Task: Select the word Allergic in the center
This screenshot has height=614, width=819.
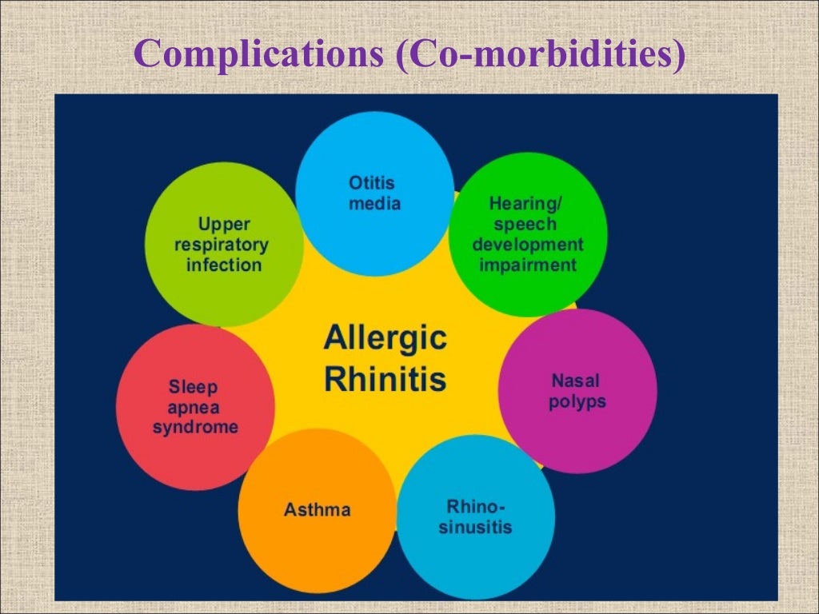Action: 385,338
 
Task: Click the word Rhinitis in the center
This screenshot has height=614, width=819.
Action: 385,379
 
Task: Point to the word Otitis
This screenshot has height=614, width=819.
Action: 372,183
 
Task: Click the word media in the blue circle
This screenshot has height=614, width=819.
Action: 374,203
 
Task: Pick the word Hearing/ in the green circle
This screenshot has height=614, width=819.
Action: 526,204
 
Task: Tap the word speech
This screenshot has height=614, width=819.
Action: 526,224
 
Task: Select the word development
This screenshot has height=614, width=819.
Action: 527,245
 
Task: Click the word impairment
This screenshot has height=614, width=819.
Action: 527,265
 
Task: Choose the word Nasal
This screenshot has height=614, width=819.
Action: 575,381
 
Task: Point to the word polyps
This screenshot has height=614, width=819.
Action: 577,401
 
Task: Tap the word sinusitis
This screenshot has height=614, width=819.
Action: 475,528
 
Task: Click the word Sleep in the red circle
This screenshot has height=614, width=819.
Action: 193,387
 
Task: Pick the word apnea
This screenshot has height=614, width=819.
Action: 193,407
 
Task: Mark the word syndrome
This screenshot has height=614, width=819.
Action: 195,428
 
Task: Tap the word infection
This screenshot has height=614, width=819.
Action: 223,265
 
